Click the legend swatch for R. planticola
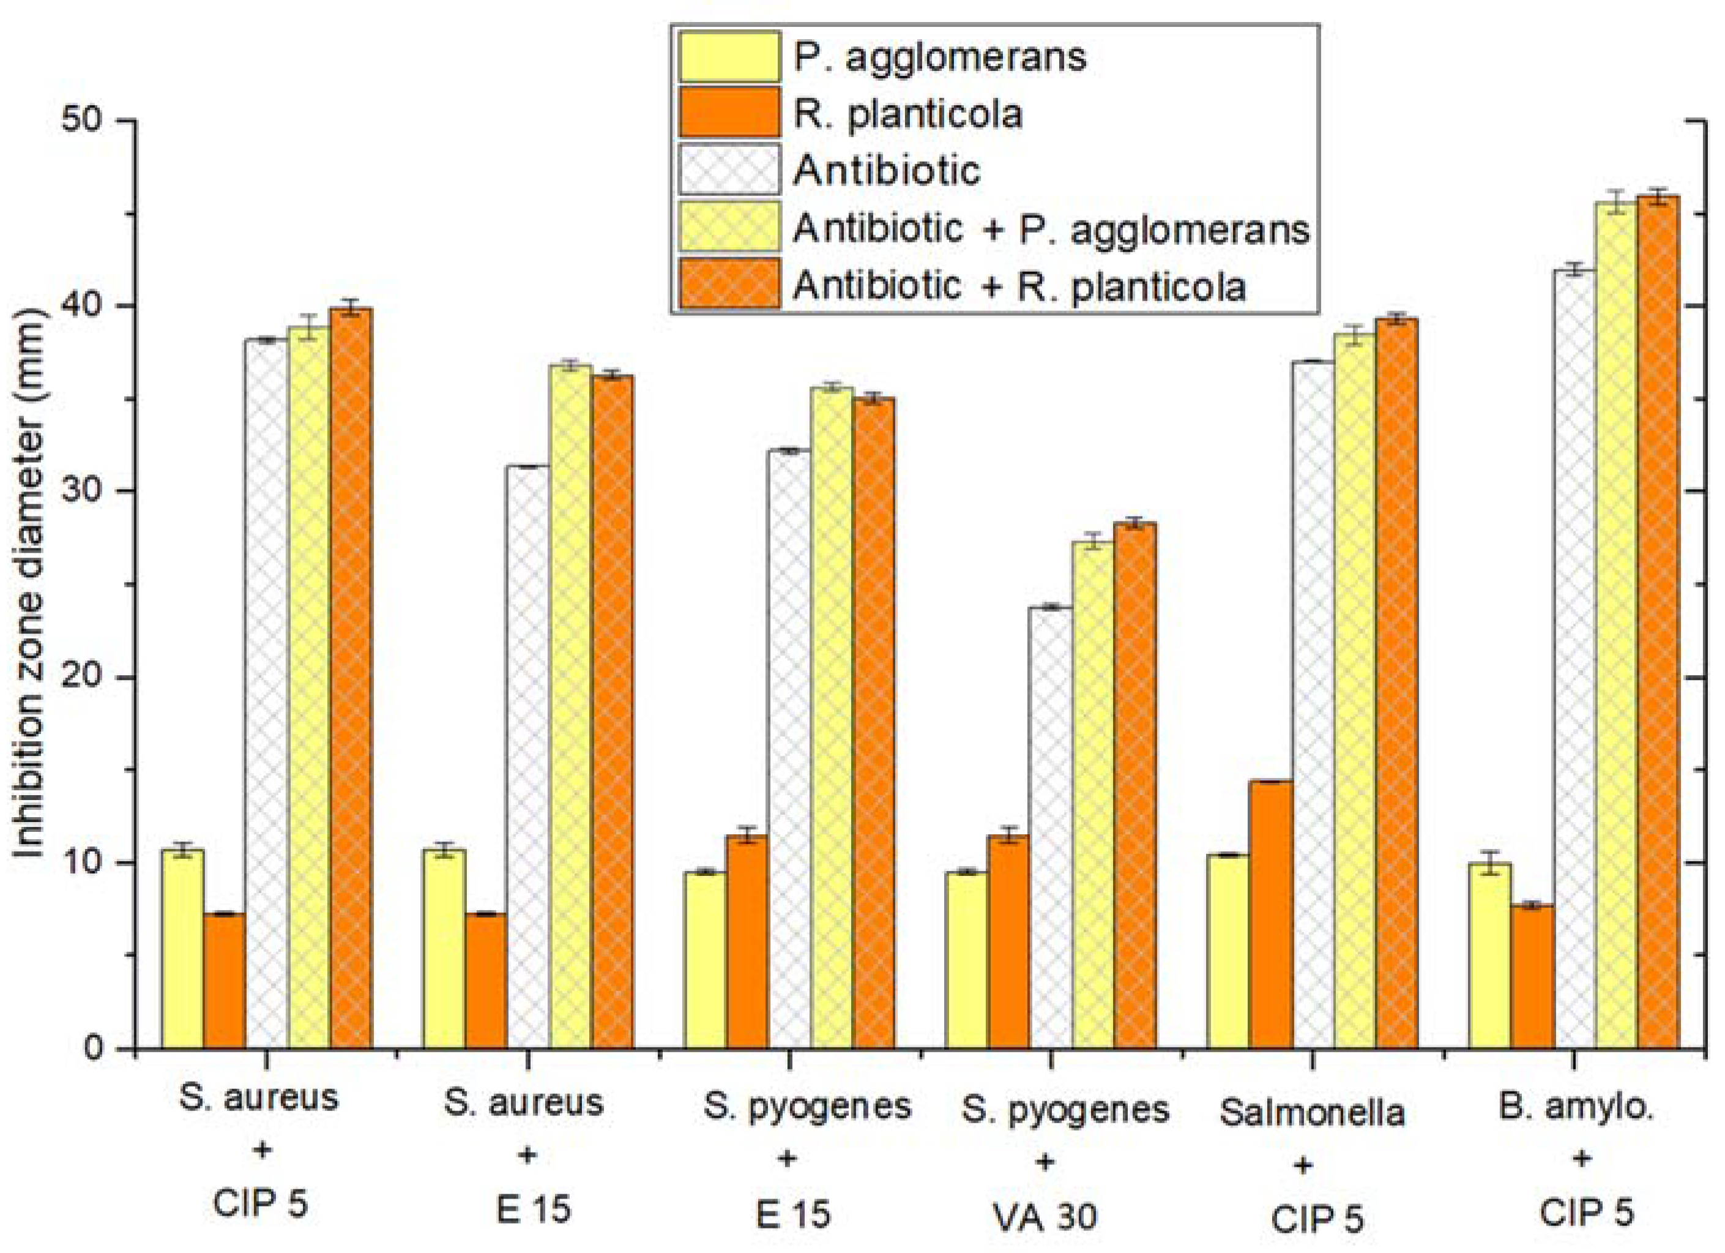(729, 112)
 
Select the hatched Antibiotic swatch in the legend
(729, 169)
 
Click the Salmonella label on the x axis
(1311, 1112)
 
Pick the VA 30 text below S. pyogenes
(1045, 1216)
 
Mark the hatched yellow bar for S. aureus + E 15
(570, 708)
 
